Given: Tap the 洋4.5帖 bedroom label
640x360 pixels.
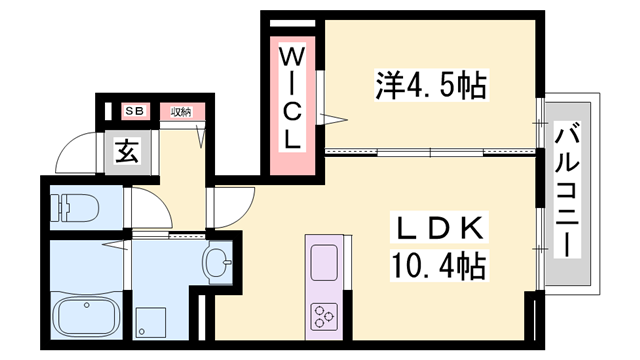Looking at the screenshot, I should click(x=432, y=86).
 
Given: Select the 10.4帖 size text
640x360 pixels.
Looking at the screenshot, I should click(x=433, y=266).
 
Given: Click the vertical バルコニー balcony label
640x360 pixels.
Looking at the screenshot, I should click(x=571, y=190).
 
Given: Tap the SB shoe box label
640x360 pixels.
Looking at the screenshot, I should click(x=132, y=111).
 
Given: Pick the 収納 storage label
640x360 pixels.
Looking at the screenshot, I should click(x=181, y=111).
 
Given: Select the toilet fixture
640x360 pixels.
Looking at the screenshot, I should click(x=75, y=208).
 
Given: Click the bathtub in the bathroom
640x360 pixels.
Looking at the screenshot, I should click(x=86, y=316).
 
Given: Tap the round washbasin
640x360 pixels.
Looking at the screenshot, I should click(x=216, y=264).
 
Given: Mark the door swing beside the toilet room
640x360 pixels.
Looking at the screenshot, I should click(x=143, y=206).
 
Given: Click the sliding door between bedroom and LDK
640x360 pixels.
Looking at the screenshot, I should click(x=430, y=152).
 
